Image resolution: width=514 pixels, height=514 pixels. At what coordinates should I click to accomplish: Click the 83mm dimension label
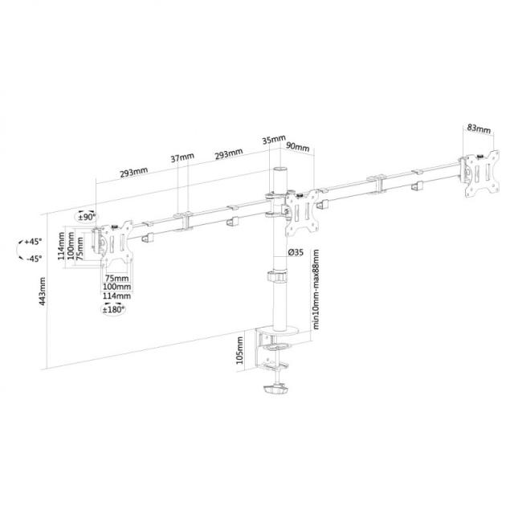point(479,128)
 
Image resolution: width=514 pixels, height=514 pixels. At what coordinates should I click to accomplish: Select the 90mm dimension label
point(298,146)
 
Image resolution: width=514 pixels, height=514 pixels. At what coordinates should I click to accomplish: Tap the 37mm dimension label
point(182,157)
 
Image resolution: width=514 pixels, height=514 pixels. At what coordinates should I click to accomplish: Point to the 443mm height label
point(43,292)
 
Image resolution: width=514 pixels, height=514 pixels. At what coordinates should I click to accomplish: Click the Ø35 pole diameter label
point(296,252)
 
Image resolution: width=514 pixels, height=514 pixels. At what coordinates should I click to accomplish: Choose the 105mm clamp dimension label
point(240,350)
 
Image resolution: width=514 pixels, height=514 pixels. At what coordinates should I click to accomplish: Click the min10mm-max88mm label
point(316,289)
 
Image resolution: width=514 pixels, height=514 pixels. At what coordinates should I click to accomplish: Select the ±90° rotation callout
point(87,217)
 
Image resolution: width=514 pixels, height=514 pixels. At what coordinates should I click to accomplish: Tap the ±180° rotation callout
point(113,309)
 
